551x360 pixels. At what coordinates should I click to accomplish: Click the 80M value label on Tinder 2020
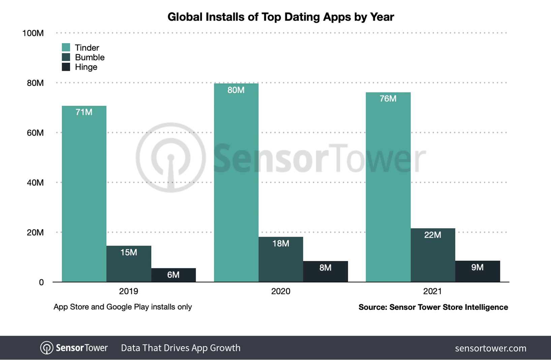tap(236, 90)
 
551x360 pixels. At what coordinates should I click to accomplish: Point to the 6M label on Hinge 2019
tap(173, 275)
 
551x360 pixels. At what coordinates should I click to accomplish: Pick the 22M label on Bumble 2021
tap(432, 235)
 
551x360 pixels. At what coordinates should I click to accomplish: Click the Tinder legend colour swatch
tap(66, 47)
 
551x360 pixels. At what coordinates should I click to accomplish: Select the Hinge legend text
tap(86, 67)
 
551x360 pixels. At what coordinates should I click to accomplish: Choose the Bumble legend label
tap(90, 57)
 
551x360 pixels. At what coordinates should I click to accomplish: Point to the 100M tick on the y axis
tap(33, 33)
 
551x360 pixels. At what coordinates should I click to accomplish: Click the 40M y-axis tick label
tap(35, 183)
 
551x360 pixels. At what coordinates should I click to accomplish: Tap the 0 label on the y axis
tap(41, 282)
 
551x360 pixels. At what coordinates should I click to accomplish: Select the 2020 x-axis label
tap(280, 291)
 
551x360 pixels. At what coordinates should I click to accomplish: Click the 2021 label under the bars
tap(432, 291)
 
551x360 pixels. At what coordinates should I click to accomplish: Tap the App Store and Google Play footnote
tap(123, 307)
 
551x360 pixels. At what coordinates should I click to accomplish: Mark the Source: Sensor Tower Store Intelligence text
tap(433, 307)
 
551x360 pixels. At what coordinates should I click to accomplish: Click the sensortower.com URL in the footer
tap(490, 348)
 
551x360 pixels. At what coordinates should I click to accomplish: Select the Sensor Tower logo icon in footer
tap(47, 348)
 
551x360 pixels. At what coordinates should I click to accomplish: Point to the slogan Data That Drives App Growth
tap(181, 348)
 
